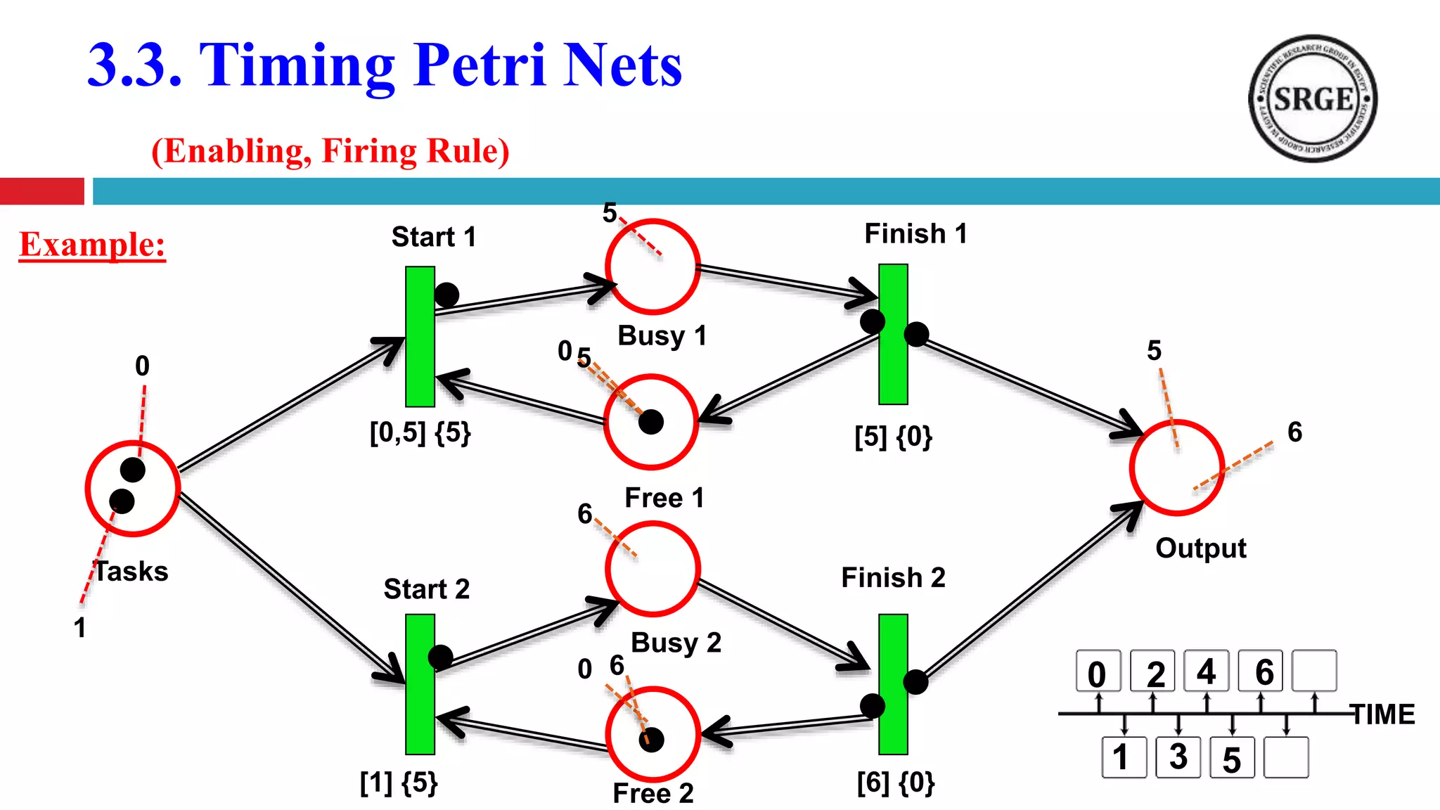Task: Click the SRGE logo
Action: click(1312, 98)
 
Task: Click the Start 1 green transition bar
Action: click(420, 336)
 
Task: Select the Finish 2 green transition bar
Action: click(893, 683)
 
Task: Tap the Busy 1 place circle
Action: click(652, 266)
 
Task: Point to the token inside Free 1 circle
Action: click(651, 422)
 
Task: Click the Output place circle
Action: click(1176, 468)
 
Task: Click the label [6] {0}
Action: click(895, 782)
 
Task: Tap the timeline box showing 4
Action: click(1206, 671)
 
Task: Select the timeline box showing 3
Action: click(1178, 757)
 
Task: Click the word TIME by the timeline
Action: click(1382, 714)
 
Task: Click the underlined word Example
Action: click(92, 245)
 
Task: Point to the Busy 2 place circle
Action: click(652, 568)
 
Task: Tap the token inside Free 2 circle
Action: click(652, 740)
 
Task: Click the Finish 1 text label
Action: click(915, 233)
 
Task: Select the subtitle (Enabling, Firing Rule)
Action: click(330, 150)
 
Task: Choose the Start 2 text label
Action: click(426, 589)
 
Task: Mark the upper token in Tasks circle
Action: click(132, 470)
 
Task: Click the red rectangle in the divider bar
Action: click(42, 191)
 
